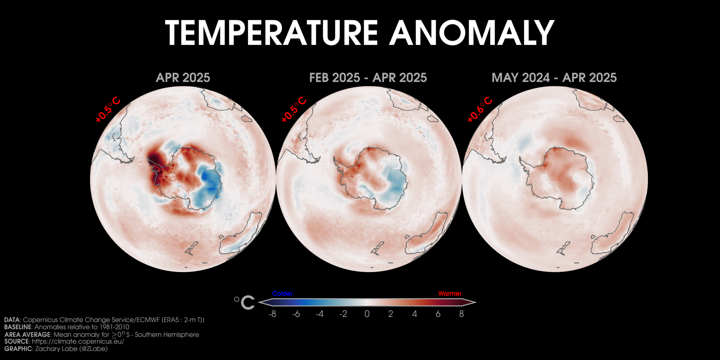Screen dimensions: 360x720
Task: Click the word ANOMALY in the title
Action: tap(472, 33)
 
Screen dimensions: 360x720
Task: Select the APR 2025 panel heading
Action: tap(183, 78)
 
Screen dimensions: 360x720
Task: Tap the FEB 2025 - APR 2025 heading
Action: tap(368, 78)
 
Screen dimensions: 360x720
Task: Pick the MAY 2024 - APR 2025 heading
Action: tap(554, 78)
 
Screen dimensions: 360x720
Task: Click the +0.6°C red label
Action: tap(480, 109)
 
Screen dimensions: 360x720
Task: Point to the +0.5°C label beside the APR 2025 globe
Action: tap(108, 109)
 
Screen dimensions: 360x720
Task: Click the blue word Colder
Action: tap(283, 293)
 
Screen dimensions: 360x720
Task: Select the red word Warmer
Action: tap(450, 293)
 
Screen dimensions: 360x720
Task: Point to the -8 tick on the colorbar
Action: tap(272, 314)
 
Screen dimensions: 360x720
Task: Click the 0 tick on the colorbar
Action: tap(367, 314)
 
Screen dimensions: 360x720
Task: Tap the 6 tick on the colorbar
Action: tap(438, 314)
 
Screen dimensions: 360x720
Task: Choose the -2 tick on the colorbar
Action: tap(343, 314)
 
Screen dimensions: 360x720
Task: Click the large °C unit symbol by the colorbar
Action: tap(244, 302)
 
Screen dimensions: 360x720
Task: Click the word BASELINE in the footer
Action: tap(18, 327)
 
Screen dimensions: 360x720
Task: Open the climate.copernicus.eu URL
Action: tap(78, 341)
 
